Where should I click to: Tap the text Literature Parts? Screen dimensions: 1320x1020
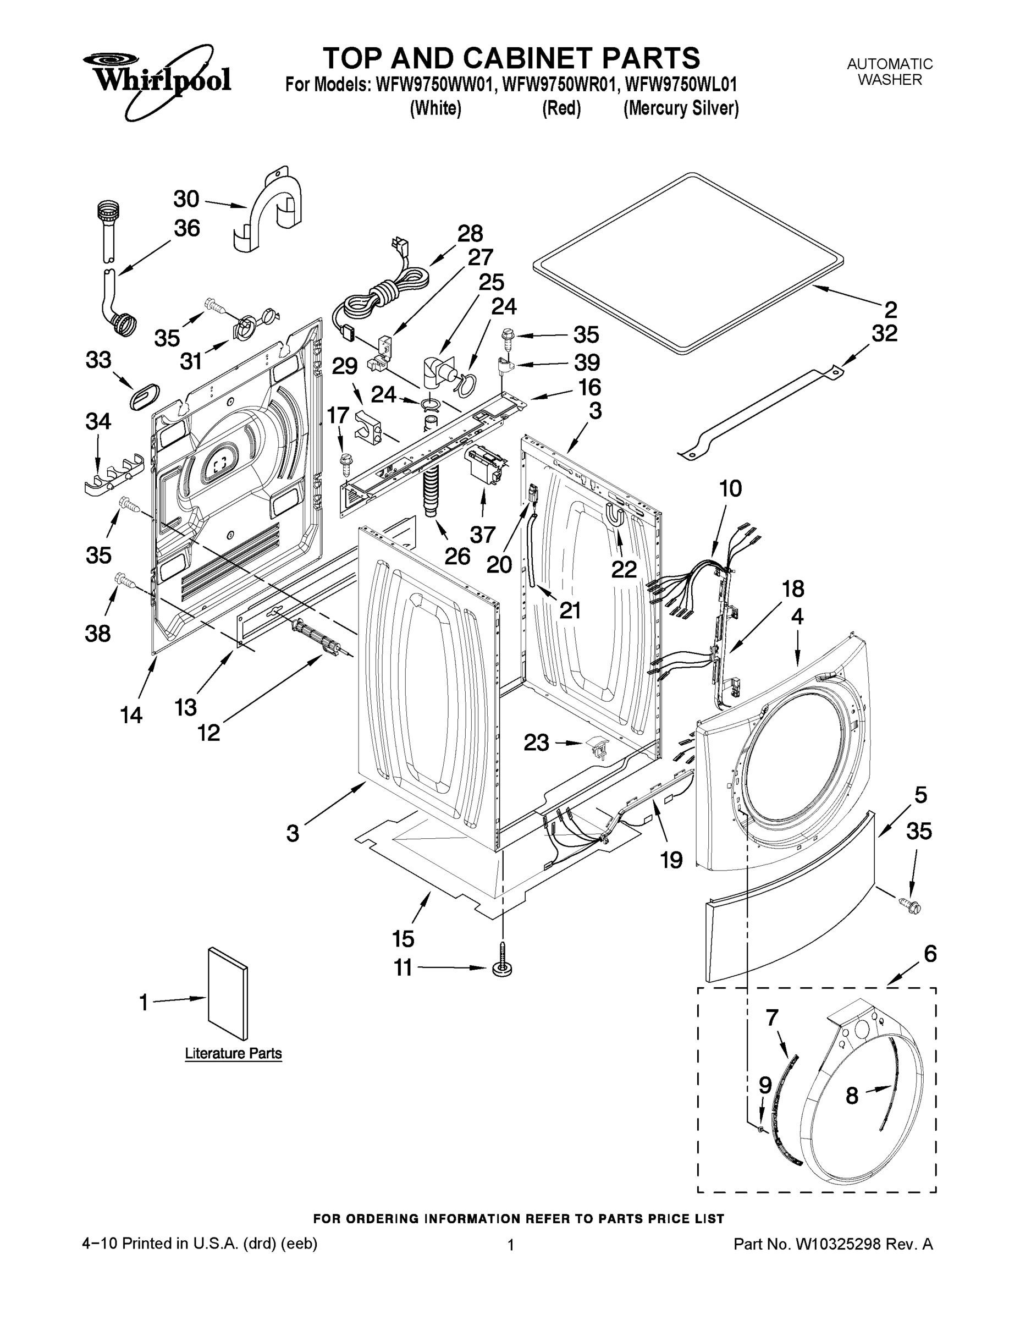[x=233, y=1053]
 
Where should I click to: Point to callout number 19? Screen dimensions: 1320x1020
[x=671, y=859]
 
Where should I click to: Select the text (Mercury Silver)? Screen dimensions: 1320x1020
[x=681, y=109]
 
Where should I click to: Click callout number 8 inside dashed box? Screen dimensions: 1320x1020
[x=851, y=1095]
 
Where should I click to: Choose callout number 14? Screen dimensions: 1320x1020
[x=131, y=715]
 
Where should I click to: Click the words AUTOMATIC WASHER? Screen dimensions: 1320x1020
[x=890, y=72]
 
